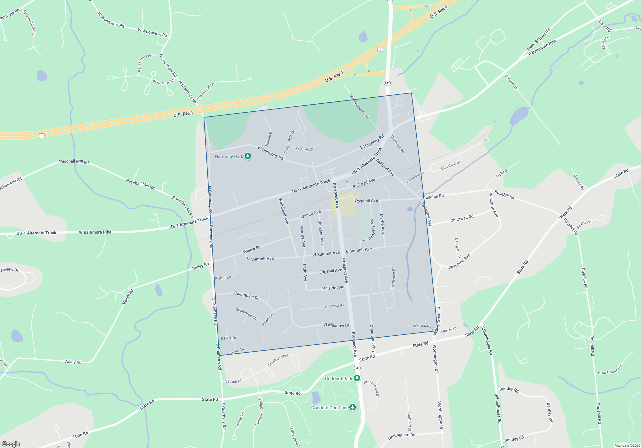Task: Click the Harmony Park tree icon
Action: [x=248, y=156]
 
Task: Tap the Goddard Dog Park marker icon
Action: [x=353, y=407]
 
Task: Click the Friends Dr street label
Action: [x=304, y=149]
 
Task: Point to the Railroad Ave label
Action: [x=364, y=183]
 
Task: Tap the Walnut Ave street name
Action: [x=310, y=214]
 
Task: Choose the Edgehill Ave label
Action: [x=330, y=271]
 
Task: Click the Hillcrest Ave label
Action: [x=335, y=306]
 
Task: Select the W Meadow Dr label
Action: [x=336, y=325]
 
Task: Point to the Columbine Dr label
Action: [x=246, y=295]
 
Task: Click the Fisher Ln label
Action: [x=223, y=278]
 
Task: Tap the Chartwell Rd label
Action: [x=462, y=219]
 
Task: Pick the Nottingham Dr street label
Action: [x=401, y=436]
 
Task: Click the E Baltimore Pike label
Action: [x=542, y=47]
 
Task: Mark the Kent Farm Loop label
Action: [x=146, y=62]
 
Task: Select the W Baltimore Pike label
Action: [x=95, y=232]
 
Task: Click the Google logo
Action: [x=11, y=444]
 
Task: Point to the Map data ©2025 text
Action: [x=627, y=445]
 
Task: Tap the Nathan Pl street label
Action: [x=233, y=381]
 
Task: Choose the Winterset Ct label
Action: [x=423, y=326]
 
